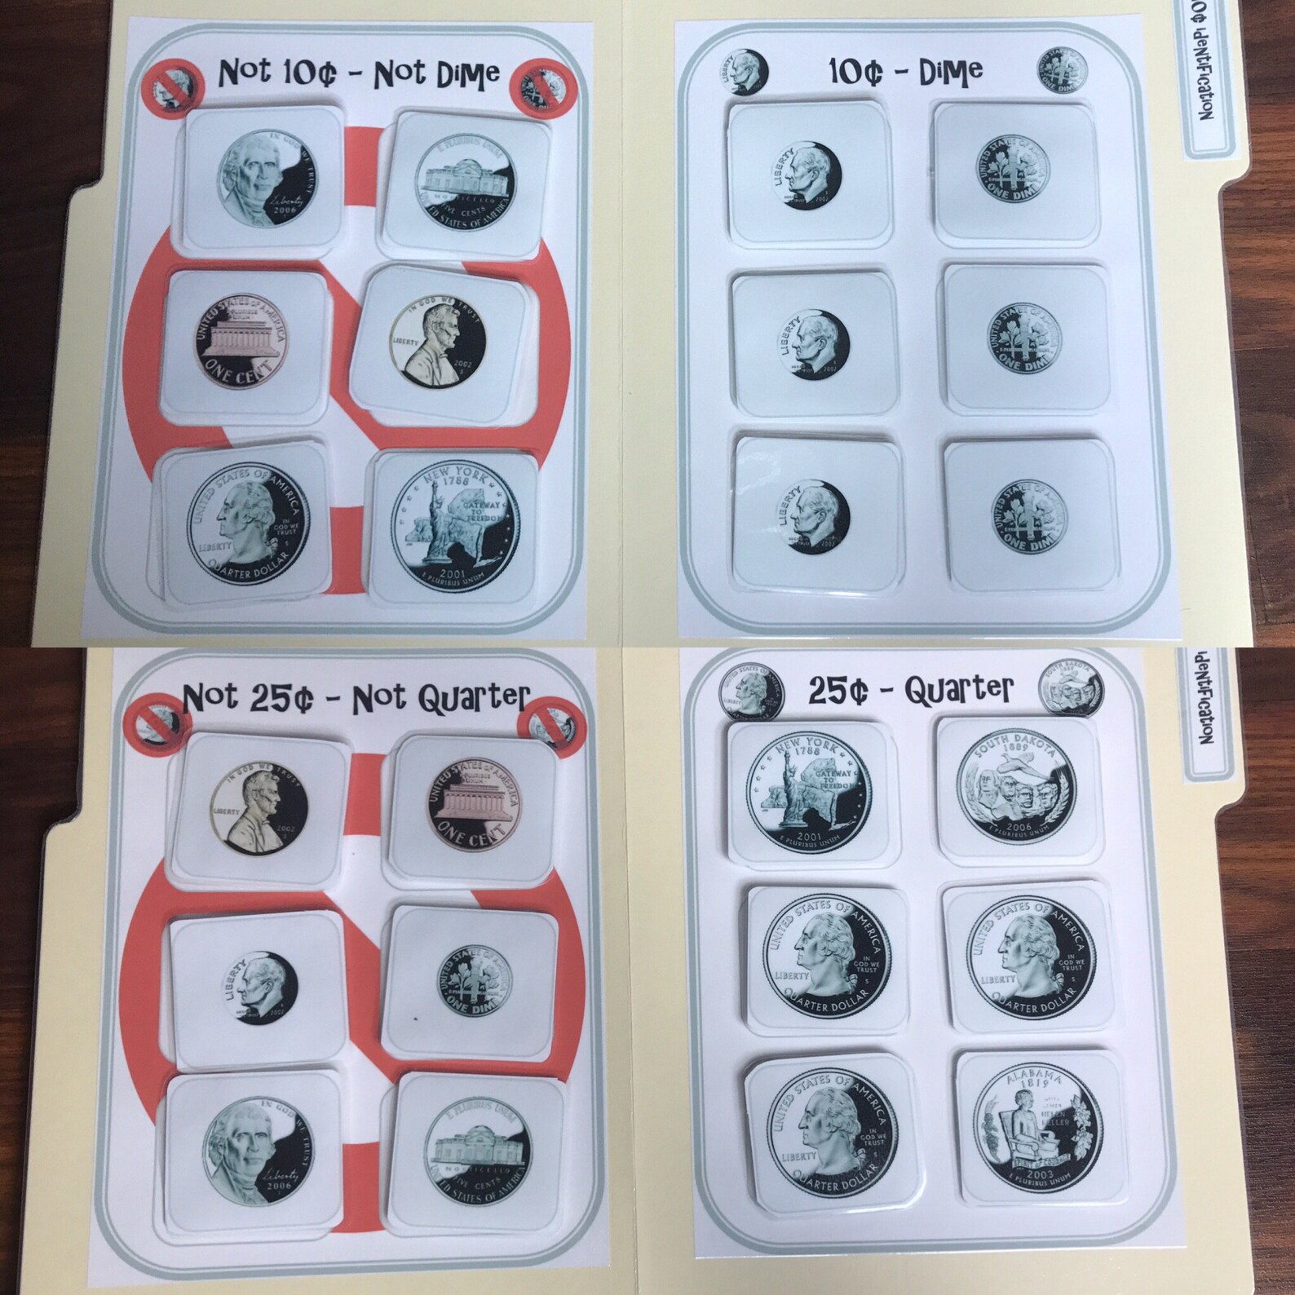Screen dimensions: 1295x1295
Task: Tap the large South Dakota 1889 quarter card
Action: pos(1016,788)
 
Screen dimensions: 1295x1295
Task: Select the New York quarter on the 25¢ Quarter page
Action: pos(809,788)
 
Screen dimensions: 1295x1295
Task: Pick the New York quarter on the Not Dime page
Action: pos(454,524)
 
